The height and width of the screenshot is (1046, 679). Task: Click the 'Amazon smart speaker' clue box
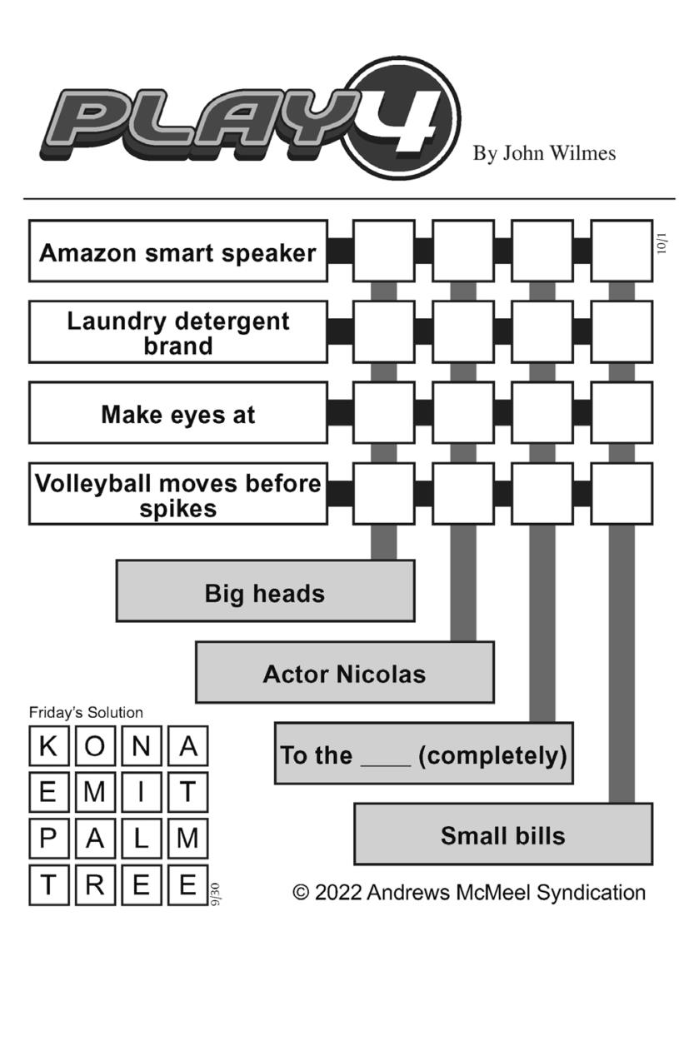click(x=177, y=252)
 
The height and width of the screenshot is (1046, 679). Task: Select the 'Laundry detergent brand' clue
click(x=177, y=332)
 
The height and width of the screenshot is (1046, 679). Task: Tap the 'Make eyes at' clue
click(x=177, y=413)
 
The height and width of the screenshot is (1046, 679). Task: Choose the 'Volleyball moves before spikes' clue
click(x=177, y=494)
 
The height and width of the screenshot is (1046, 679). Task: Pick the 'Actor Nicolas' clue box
click(x=344, y=673)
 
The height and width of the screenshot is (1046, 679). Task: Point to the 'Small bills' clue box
click(x=503, y=834)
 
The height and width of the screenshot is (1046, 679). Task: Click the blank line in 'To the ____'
click(x=385, y=760)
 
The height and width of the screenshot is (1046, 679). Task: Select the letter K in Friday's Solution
click(x=48, y=746)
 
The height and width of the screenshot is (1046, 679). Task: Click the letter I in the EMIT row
click(x=141, y=792)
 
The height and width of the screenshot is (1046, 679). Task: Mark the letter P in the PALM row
click(x=48, y=838)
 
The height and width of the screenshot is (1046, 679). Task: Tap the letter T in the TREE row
click(x=48, y=884)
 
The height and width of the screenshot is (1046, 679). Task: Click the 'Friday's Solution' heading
click(x=86, y=712)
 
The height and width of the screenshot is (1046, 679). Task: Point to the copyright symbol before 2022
click(x=302, y=892)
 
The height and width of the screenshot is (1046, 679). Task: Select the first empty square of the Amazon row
click(x=383, y=251)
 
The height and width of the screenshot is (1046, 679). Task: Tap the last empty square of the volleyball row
click(x=622, y=494)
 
